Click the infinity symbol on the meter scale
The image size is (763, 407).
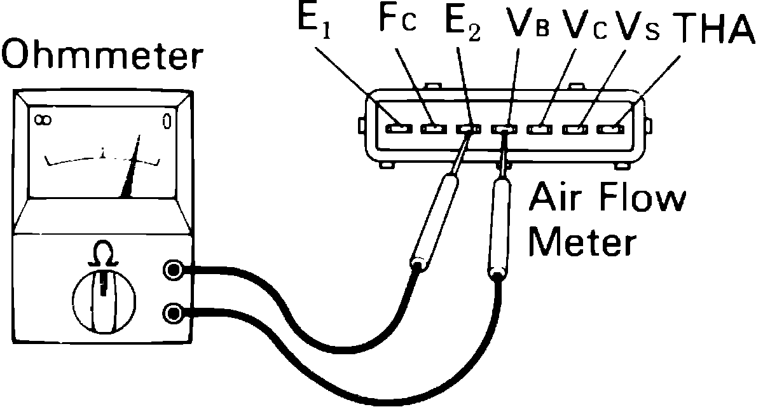coord(43,120)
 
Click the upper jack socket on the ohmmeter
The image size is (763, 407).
coord(173,270)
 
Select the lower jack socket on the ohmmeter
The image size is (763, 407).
coord(173,313)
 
